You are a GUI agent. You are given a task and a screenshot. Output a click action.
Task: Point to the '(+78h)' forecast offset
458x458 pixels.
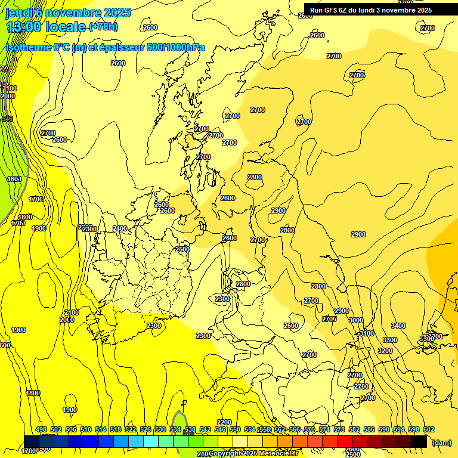(x=103, y=27)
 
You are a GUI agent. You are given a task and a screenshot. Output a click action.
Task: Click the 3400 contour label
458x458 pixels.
(x=398, y=326)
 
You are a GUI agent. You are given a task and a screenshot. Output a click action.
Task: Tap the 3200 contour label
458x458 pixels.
(x=385, y=351)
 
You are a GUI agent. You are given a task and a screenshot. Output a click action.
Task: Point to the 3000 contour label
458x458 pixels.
(x=355, y=320)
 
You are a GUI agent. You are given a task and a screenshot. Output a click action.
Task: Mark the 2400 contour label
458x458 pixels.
(x=120, y=228)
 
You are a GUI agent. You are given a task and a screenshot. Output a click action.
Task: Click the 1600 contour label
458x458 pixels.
(x=14, y=179)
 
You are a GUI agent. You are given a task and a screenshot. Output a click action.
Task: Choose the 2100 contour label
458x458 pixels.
(x=72, y=312)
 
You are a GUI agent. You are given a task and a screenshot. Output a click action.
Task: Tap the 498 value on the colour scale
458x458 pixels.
(x=41, y=429)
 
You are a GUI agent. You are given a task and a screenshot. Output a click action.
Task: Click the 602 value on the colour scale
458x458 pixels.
(x=428, y=429)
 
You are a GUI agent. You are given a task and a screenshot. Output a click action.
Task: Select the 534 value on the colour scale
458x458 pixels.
(x=175, y=429)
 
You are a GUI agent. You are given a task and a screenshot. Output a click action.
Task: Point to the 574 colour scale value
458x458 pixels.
(x=324, y=429)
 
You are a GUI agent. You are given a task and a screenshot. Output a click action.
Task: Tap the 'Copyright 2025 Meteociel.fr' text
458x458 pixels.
(x=253, y=454)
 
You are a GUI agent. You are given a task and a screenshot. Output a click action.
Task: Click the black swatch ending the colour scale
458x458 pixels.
(x=419, y=441)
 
